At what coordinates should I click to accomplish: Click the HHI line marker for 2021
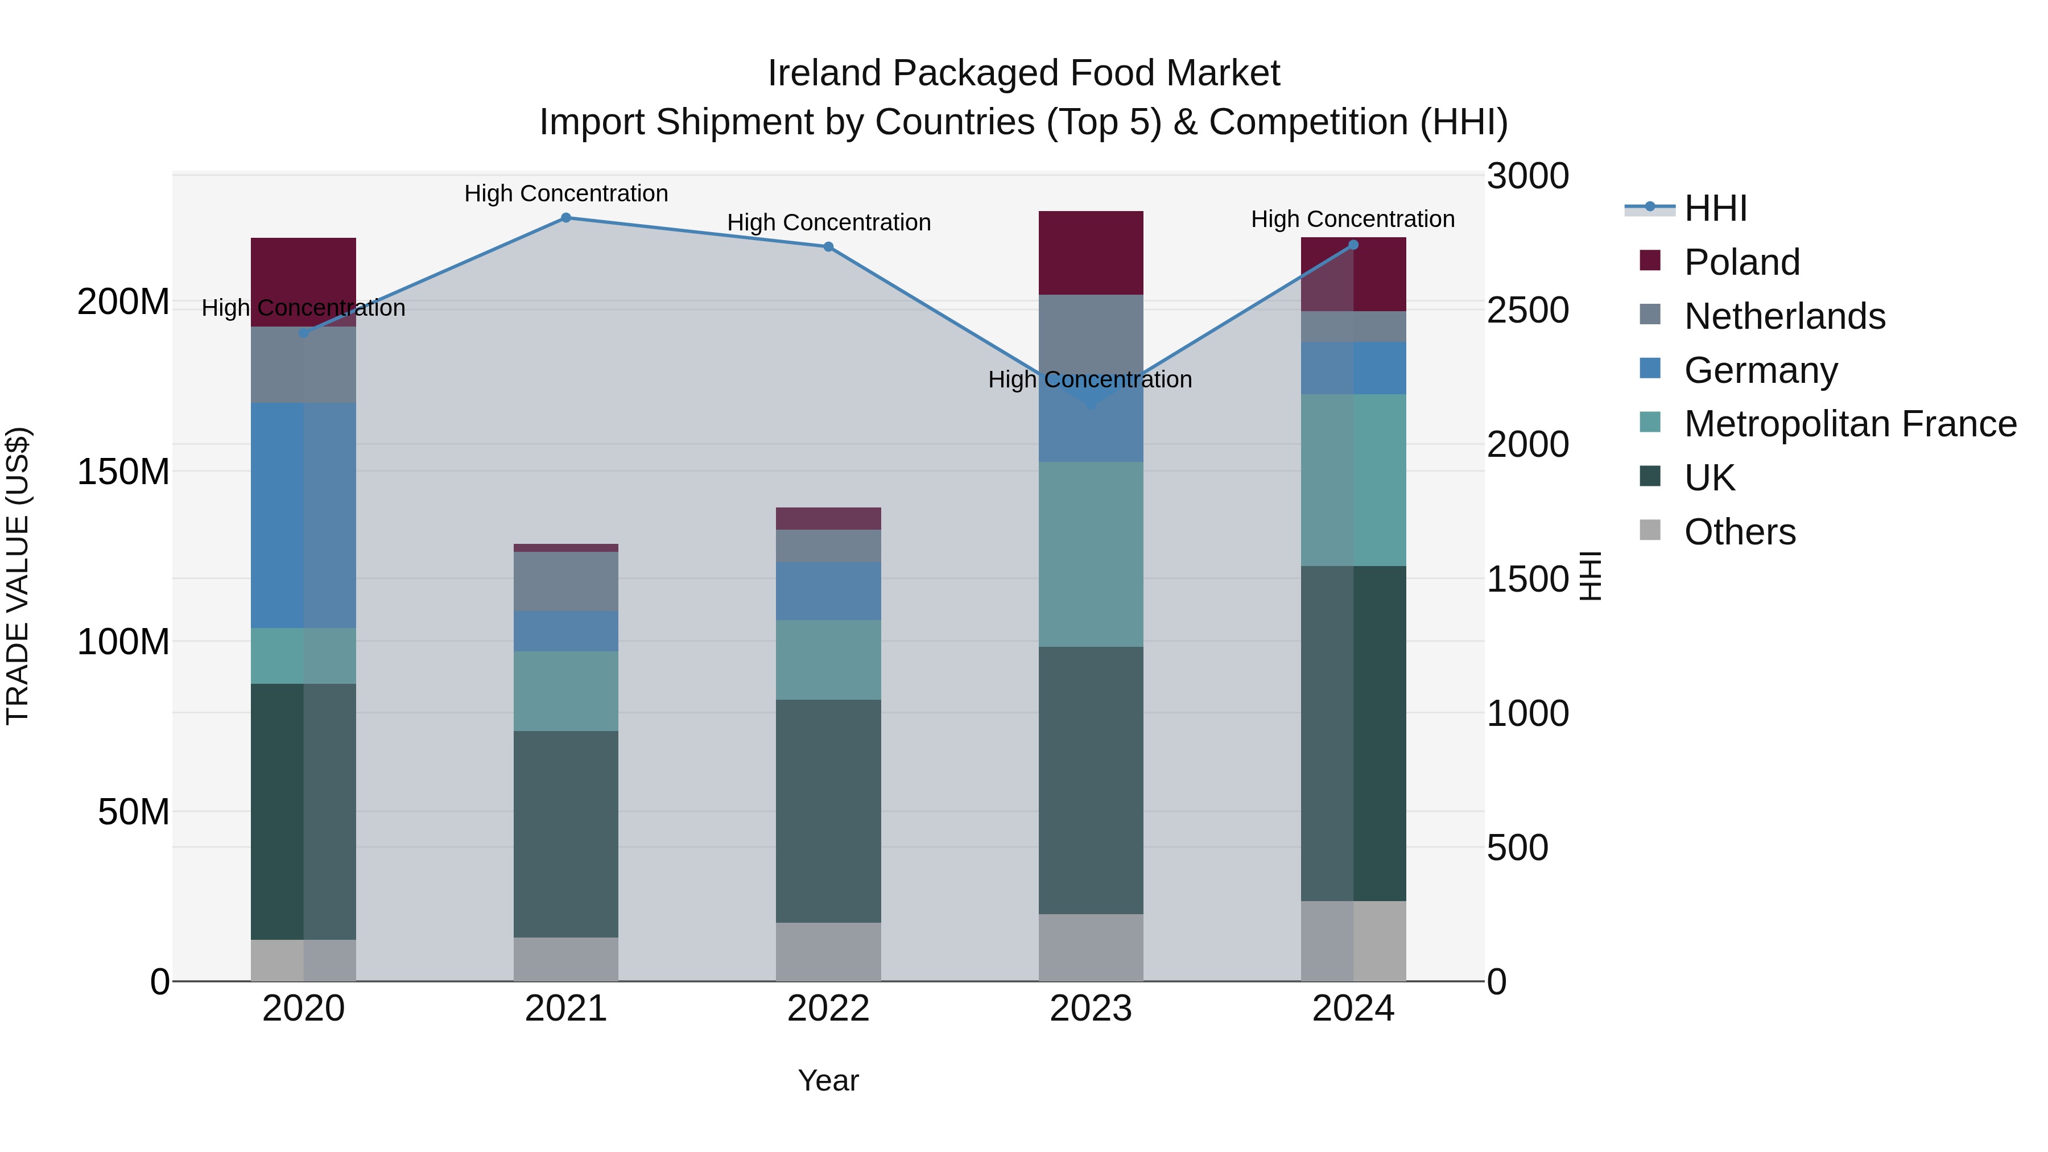pyautogui.click(x=565, y=217)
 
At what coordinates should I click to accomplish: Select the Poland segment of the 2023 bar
pyautogui.click(x=1090, y=253)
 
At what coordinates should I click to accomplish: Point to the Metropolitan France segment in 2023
pyautogui.click(x=1090, y=554)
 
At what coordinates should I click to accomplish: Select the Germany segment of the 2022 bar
pyautogui.click(x=828, y=590)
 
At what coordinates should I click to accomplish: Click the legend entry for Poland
pyautogui.click(x=1741, y=262)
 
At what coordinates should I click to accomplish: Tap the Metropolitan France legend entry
pyautogui.click(x=1849, y=424)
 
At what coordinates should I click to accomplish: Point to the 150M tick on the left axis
pyautogui.click(x=123, y=472)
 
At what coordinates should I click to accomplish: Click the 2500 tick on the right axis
pyautogui.click(x=1527, y=310)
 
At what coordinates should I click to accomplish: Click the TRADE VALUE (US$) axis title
pyautogui.click(x=18, y=576)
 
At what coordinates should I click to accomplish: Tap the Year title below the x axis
pyautogui.click(x=828, y=1080)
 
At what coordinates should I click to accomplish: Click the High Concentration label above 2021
pyautogui.click(x=565, y=193)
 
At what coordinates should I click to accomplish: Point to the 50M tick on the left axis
pyautogui.click(x=134, y=812)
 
